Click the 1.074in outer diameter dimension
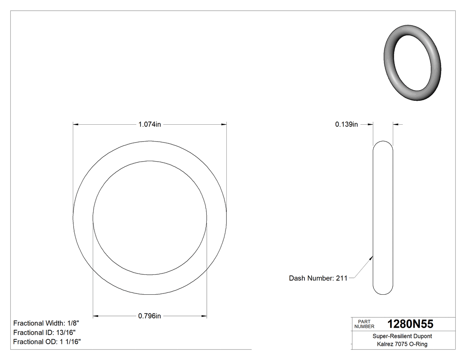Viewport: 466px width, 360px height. [150, 125]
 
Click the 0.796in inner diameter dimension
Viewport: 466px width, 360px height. [150, 316]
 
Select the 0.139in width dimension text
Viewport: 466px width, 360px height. [346, 125]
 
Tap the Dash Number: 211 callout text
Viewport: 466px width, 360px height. [318, 278]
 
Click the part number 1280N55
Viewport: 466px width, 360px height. [410, 324]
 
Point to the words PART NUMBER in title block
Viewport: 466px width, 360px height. [364, 324]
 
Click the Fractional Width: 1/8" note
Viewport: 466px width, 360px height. [46, 323]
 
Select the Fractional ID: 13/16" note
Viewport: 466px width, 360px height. [44, 332]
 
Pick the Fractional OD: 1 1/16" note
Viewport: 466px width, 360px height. [47, 342]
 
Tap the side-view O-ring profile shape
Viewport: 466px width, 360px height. [383, 218]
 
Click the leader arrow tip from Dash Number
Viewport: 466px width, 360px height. [372, 256]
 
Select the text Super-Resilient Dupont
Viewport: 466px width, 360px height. [402, 336]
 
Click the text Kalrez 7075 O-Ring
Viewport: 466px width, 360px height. [402, 344]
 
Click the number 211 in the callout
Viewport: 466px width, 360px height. [342, 278]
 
